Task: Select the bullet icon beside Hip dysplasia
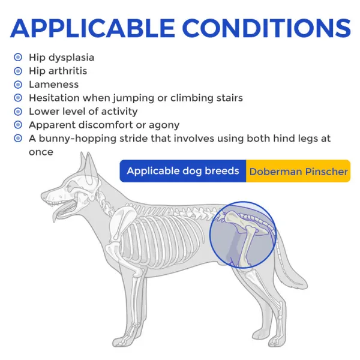[x=18, y=58]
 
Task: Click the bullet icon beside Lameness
[x=18, y=85]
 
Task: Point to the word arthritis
[x=67, y=71]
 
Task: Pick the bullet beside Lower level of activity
[x=18, y=112]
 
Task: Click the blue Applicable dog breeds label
[x=182, y=171]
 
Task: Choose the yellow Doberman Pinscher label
[x=298, y=172]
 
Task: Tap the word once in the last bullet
[x=41, y=152]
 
